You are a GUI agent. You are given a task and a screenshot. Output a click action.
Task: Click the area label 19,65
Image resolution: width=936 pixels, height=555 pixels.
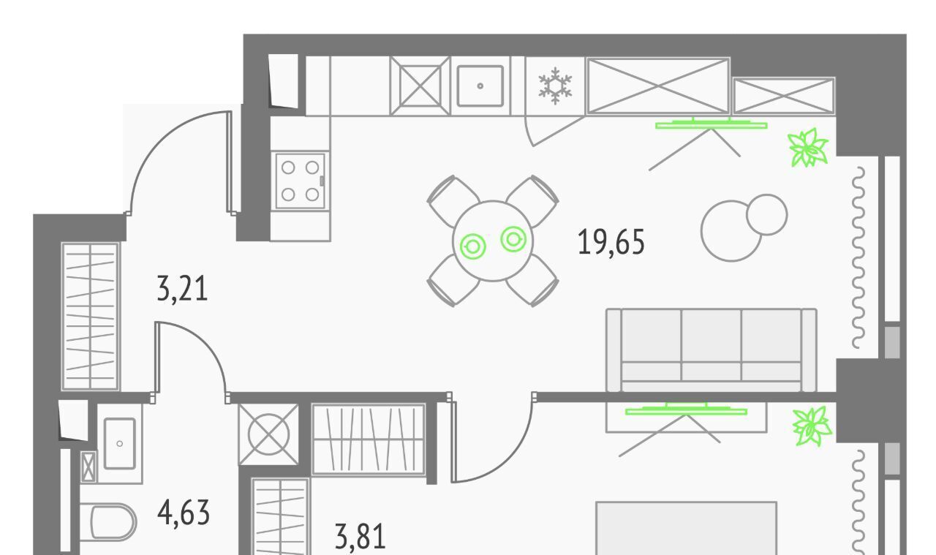(x=611, y=242)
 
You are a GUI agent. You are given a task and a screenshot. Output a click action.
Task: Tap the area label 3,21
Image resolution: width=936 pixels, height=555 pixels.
(x=182, y=288)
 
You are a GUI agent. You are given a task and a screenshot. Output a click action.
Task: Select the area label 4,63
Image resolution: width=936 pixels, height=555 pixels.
(x=184, y=513)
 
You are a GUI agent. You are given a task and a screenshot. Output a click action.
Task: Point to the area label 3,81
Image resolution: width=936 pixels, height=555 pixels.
(x=361, y=537)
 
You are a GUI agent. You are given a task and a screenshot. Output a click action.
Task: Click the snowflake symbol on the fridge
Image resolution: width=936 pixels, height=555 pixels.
(x=555, y=86)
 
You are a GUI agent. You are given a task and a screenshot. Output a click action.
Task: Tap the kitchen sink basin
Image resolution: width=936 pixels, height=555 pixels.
(x=480, y=86)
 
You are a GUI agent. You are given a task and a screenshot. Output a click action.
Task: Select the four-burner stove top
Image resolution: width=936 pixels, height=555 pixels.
(x=300, y=181)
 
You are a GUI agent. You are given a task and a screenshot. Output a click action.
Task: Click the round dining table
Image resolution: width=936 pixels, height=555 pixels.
(x=493, y=241)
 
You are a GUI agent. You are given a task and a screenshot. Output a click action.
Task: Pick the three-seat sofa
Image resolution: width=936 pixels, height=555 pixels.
(x=712, y=350)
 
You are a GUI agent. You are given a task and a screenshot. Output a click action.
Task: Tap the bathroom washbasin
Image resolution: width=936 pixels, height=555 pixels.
(x=119, y=443)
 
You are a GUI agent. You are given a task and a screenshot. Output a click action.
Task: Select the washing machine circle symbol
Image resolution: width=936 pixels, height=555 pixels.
(x=268, y=434)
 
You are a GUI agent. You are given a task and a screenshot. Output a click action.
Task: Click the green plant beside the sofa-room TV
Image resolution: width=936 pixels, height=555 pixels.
(x=808, y=148)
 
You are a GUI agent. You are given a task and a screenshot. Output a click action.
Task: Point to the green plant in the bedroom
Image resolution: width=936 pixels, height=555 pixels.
(x=812, y=426)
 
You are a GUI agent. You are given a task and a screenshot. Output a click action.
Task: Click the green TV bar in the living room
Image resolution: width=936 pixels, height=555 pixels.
(x=712, y=124)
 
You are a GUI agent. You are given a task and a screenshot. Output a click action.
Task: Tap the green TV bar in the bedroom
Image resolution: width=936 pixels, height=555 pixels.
(x=686, y=410)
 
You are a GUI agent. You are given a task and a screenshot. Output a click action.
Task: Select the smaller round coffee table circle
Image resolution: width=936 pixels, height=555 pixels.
(x=767, y=215)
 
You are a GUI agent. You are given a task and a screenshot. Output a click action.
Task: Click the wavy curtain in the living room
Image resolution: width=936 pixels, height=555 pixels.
(x=858, y=257)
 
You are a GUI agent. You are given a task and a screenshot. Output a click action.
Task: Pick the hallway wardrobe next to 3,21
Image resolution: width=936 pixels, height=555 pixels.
(x=90, y=317)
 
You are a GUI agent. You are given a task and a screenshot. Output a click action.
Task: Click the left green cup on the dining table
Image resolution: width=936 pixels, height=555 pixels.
(x=472, y=246)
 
